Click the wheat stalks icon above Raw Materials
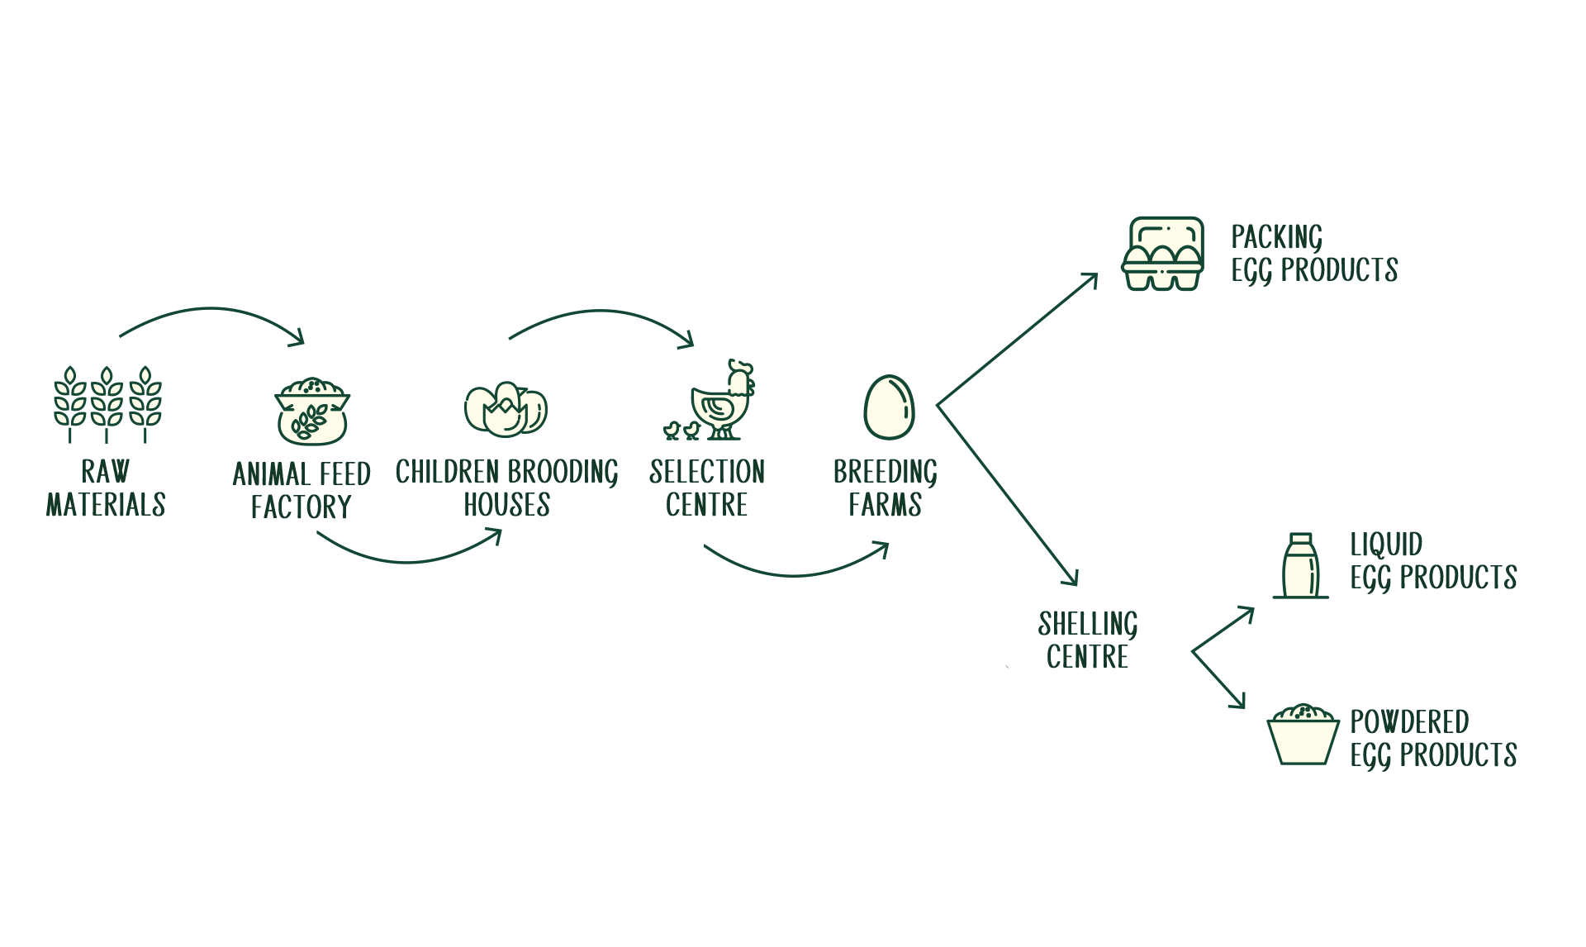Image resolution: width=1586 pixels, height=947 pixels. coord(107,405)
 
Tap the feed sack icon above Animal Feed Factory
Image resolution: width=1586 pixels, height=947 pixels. coord(312,412)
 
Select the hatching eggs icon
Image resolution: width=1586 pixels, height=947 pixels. coord(506,409)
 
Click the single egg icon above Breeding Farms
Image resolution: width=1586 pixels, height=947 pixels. coord(889,407)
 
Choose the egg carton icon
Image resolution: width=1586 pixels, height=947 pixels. coord(1162,254)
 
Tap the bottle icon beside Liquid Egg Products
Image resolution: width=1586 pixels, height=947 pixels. coord(1300,565)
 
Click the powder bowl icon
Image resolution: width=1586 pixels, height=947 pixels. coord(1303,735)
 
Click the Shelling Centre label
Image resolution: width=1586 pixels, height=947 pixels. coord(1088,640)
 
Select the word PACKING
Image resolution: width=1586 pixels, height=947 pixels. coord(1277,238)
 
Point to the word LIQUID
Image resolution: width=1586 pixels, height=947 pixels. coord(1386,545)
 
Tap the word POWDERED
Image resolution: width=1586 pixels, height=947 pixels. coord(1409,721)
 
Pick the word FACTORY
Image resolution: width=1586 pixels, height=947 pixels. coord(302,507)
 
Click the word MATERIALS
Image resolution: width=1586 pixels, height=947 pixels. coord(106,504)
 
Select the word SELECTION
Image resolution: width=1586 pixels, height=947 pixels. coord(707,472)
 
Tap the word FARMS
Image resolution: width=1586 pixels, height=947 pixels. coord(885,504)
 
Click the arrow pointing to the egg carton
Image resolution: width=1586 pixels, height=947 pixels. coord(1018,340)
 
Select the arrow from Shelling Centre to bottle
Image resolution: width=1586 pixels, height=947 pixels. coord(1223,630)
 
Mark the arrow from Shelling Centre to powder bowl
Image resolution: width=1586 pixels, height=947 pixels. coord(1218,680)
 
